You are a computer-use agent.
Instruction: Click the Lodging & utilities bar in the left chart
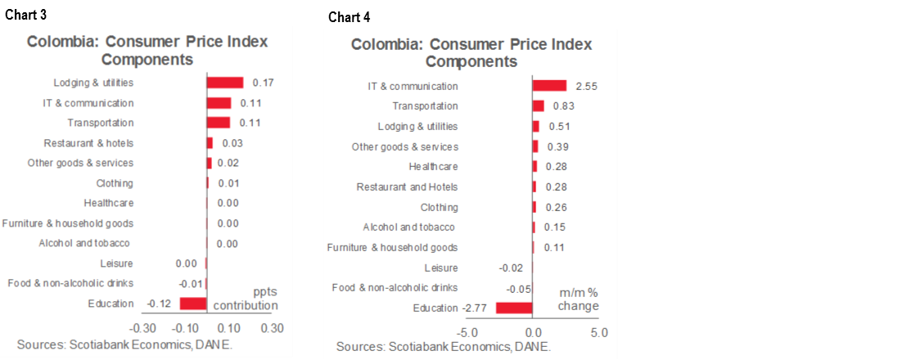coord(225,83)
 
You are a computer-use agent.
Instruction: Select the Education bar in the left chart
coord(192,304)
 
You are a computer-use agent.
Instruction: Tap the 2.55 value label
coord(587,86)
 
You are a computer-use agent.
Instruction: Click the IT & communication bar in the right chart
coord(549,86)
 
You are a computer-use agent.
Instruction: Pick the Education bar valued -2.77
coord(514,308)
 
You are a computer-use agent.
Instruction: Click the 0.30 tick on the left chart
coord(272,328)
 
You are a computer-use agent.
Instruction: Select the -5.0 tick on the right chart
coord(467,333)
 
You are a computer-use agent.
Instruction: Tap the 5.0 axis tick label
coord(599,333)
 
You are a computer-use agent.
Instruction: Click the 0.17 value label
coord(263,83)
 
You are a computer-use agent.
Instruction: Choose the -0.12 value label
coord(157,304)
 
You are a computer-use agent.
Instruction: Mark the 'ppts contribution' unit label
coord(246,298)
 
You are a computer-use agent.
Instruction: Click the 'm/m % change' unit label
coord(579,299)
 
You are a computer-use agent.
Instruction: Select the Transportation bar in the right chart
coord(539,106)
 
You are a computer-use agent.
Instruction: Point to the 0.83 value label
coord(564,106)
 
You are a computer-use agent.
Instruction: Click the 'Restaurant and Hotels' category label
coord(407,187)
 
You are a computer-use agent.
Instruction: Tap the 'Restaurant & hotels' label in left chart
coord(88,142)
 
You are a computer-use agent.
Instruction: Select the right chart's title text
coord(471,52)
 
